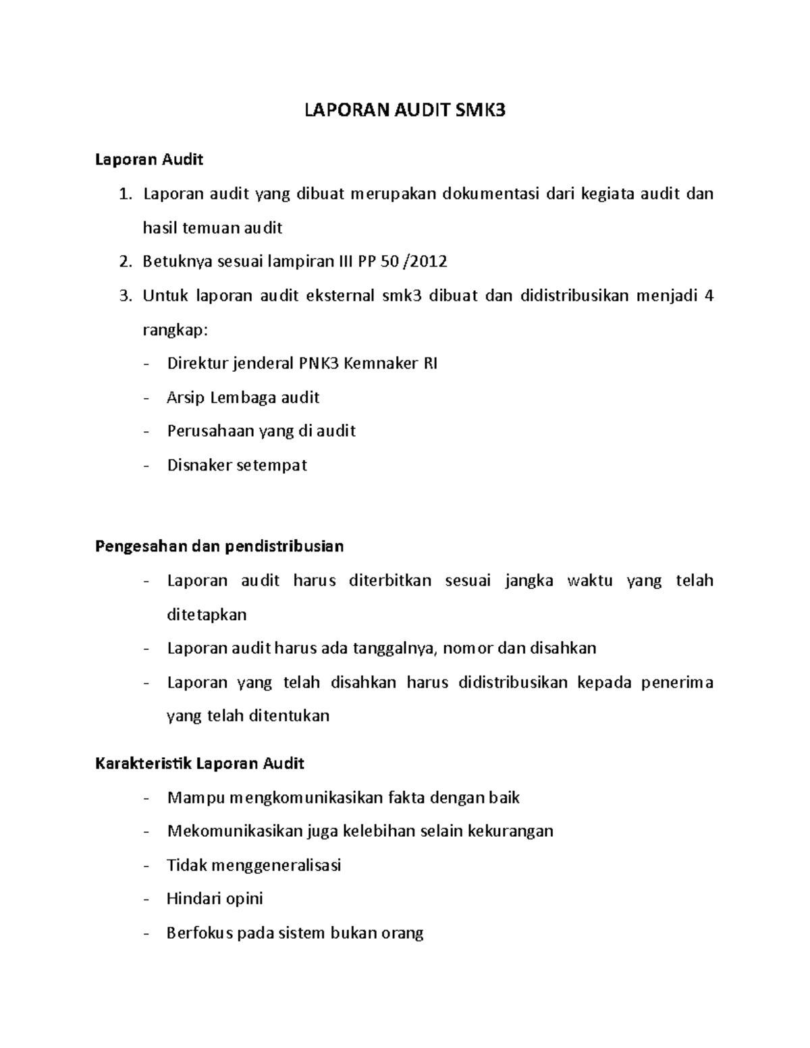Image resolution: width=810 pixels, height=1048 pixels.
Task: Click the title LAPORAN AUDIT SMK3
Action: pyautogui.click(x=404, y=111)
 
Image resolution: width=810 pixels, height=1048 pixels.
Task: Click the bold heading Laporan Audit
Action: pyautogui.click(x=149, y=160)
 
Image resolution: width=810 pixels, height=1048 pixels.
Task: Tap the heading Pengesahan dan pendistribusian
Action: pyautogui.click(x=219, y=546)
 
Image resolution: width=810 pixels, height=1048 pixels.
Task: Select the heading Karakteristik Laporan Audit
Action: pyautogui.click(x=200, y=763)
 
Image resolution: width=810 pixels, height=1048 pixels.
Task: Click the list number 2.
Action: pyautogui.click(x=124, y=262)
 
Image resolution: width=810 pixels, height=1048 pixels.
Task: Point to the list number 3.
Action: pyautogui.click(x=124, y=296)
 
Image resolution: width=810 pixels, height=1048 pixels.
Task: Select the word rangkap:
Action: pyautogui.click(x=175, y=331)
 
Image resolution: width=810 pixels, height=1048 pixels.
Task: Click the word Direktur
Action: pyautogui.click(x=196, y=364)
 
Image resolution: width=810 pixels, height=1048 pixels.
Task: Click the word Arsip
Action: pyautogui.click(x=186, y=397)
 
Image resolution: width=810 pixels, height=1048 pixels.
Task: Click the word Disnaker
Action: pyautogui.click(x=198, y=465)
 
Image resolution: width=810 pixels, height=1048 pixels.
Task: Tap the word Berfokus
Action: pyautogui.click(x=198, y=933)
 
